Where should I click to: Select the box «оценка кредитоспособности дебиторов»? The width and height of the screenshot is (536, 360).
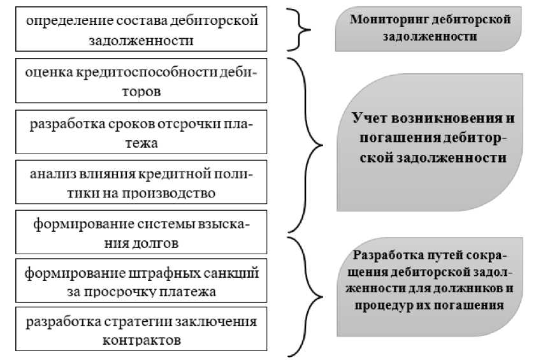(x=141, y=82)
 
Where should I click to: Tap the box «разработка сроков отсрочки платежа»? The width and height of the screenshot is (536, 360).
(x=141, y=133)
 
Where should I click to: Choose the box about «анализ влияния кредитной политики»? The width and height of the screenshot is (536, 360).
(x=141, y=183)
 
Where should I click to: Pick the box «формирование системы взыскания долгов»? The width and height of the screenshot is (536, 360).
(x=141, y=233)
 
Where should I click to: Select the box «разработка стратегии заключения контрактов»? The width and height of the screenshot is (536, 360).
(x=141, y=331)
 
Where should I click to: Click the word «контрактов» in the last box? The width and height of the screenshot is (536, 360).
(x=141, y=340)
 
